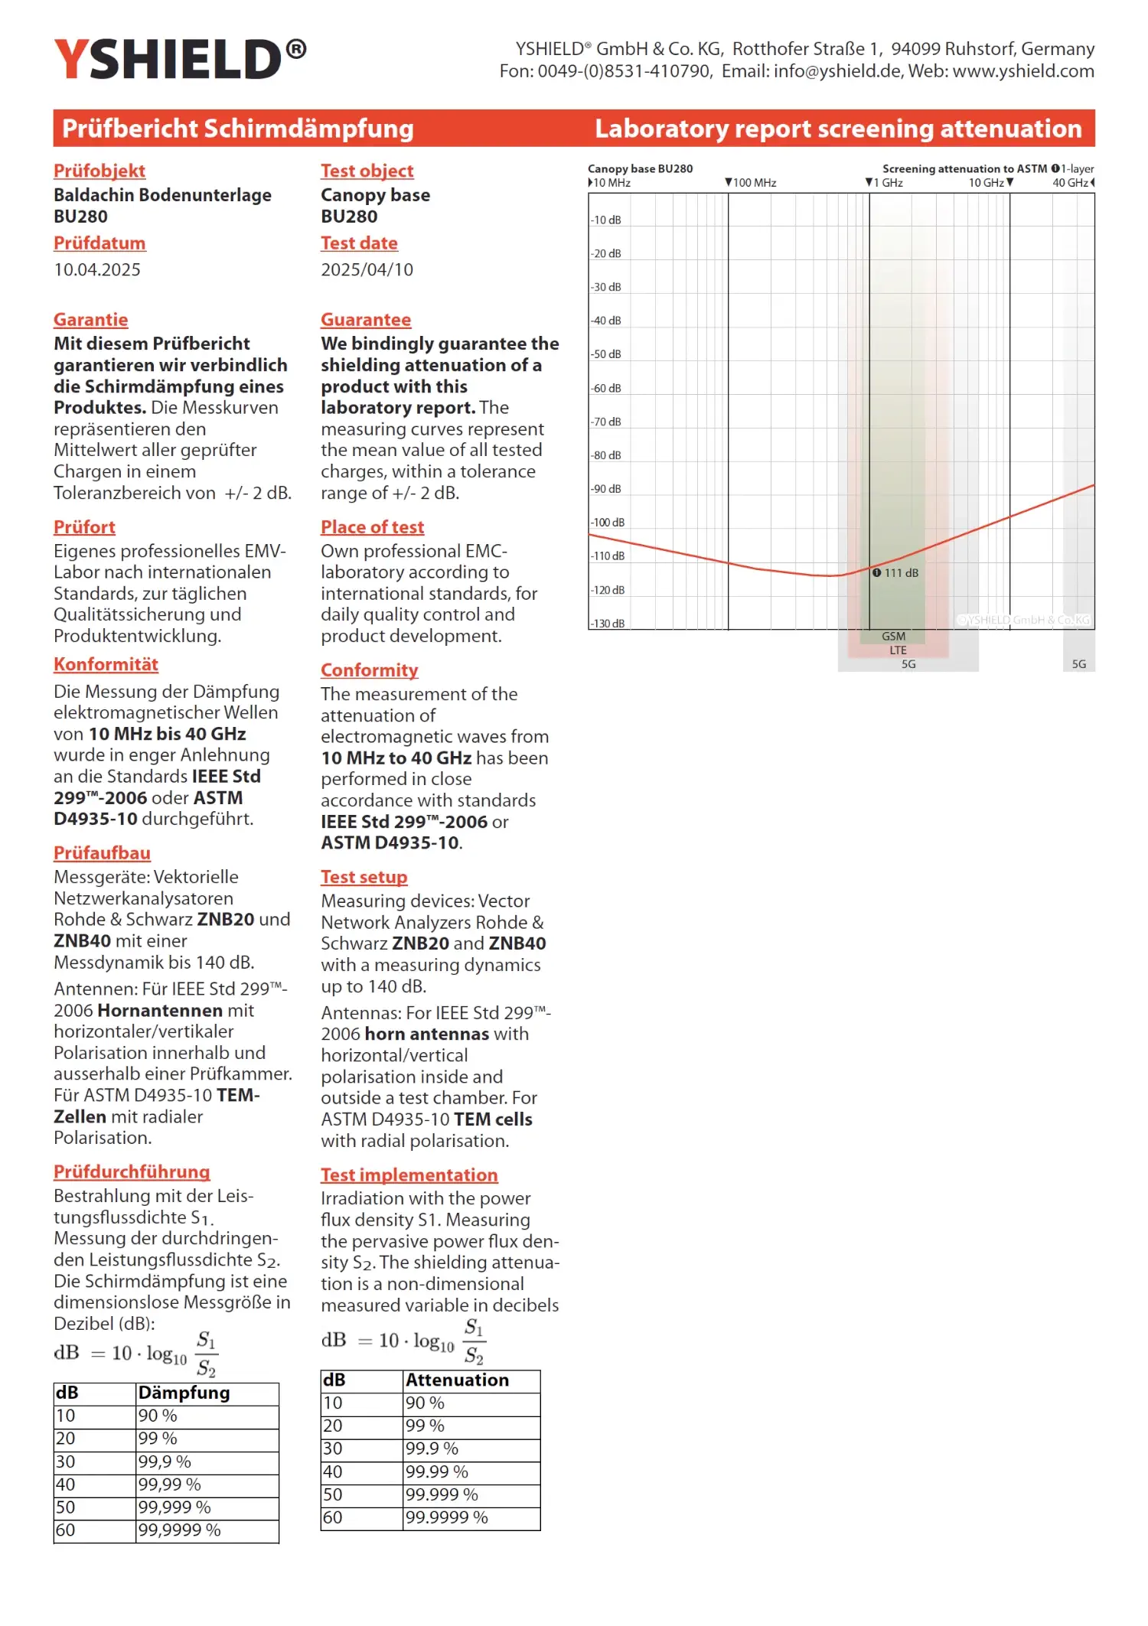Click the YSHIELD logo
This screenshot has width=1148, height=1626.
[x=180, y=60]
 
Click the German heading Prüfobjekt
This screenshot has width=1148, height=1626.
[x=99, y=171]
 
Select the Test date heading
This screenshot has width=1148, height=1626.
[x=359, y=243]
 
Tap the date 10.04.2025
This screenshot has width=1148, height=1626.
[x=97, y=269]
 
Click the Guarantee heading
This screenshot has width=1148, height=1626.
[x=366, y=320]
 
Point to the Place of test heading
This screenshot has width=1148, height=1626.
[x=372, y=527]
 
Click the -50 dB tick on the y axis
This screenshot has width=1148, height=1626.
[x=606, y=354]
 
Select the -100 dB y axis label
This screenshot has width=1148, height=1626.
[x=608, y=523]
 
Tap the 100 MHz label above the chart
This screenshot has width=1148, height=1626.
[x=754, y=183]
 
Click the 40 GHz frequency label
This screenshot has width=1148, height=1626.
[x=1070, y=183]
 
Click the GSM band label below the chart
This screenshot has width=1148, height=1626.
[x=893, y=637]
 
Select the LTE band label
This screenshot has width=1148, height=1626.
[x=898, y=650]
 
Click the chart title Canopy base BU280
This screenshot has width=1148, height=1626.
[x=640, y=169]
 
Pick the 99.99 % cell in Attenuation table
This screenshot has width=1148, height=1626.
[x=437, y=1472]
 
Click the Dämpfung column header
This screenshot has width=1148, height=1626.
[x=184, y=1393]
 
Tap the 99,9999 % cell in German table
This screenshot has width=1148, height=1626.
[x=179, y=1530]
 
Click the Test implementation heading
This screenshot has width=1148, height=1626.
[x=409, y=1175]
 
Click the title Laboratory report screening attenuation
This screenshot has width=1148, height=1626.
[x=838, y=129]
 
